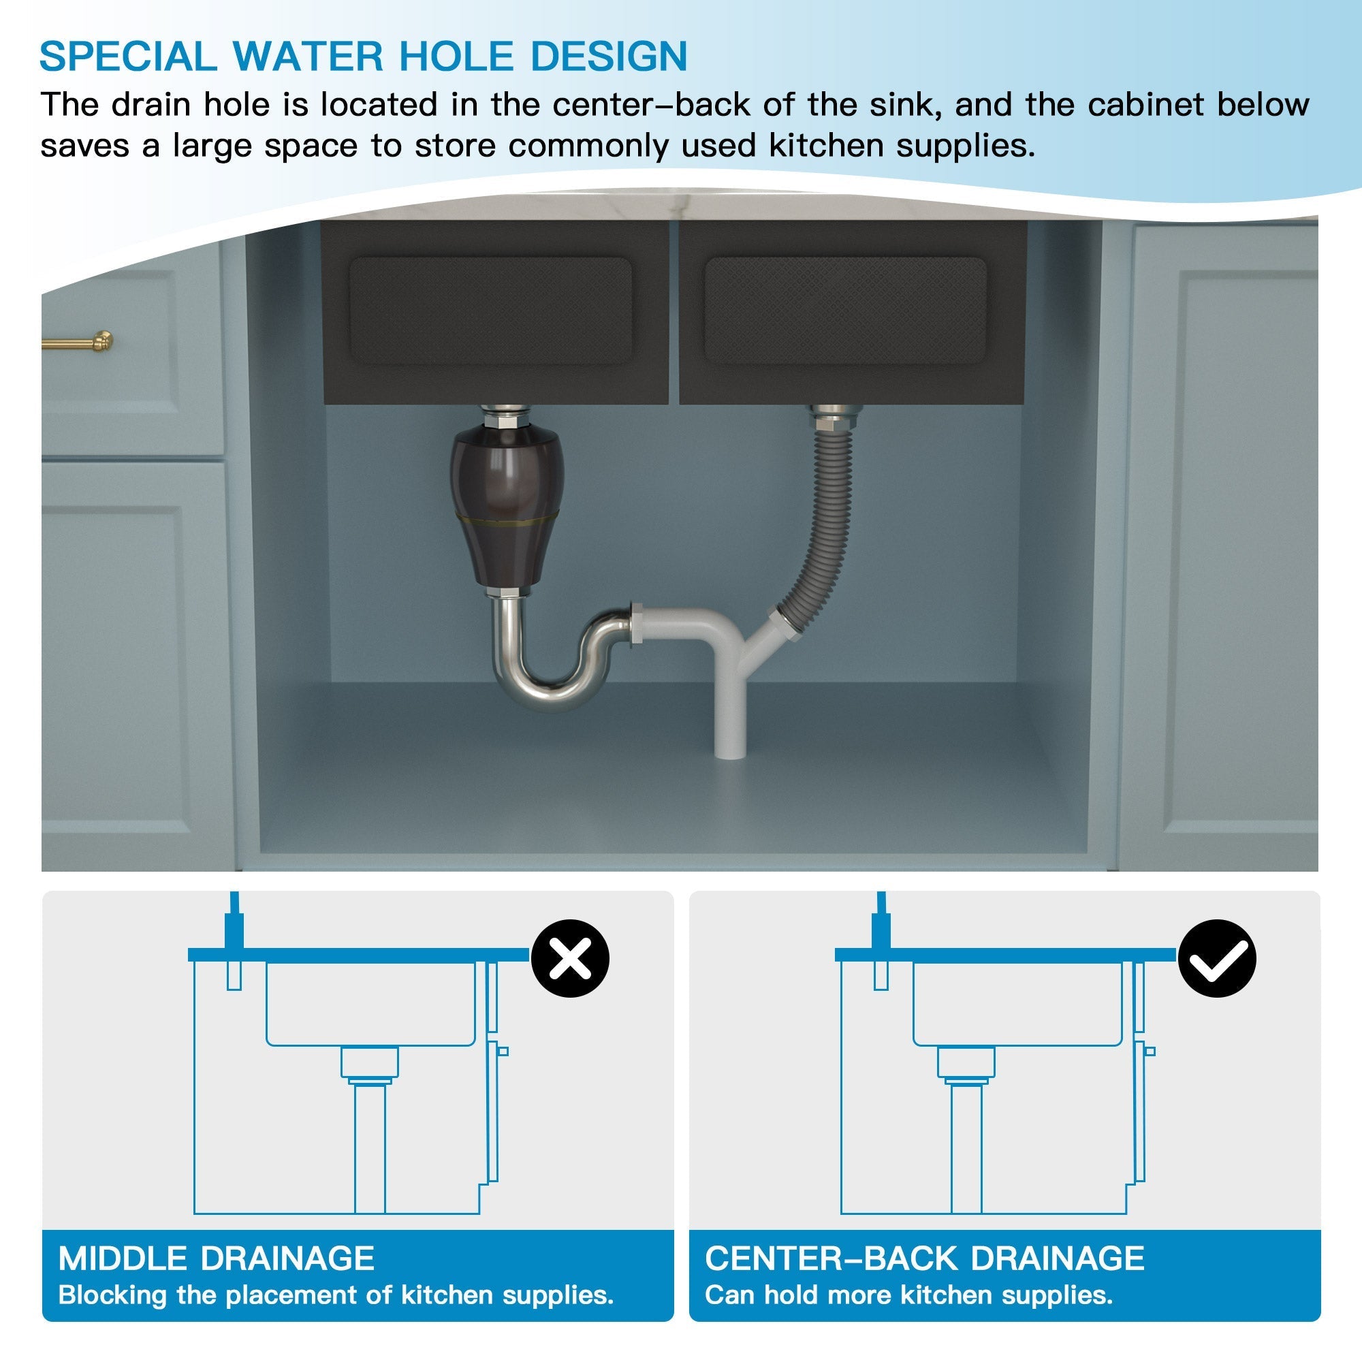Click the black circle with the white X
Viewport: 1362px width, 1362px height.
(x=569, y=958)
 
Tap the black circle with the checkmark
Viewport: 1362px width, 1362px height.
(x=1217, y=958)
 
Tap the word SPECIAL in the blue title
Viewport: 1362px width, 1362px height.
(x=127, y=57)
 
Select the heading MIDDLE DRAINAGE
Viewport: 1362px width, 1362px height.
(x=216, y=1259)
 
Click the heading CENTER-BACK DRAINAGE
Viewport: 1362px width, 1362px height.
(x=924, y=1259)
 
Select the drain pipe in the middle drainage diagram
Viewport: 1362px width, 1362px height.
(x=369, y=1149)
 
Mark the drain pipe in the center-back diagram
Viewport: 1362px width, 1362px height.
(x=966, y=1149)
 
